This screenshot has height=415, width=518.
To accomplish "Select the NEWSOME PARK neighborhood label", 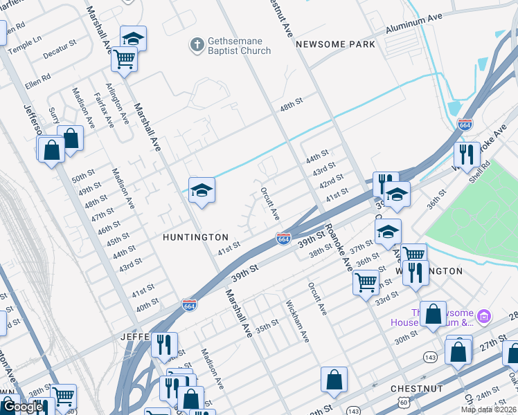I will pyautogui.click(x=335, y=44).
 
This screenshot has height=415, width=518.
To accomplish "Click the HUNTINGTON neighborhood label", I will pyautogui.click(x=195, y=237).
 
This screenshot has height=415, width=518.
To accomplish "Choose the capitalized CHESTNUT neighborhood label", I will pyautogui.click(x=416, y=389).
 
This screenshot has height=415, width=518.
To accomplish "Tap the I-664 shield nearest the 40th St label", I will pyautogui.click(x=190, y=304).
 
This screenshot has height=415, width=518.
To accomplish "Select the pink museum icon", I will pyautogui.click(x=484, y=317).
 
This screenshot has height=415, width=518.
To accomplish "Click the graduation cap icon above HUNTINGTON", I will pyautogui.click(x=202, y=190).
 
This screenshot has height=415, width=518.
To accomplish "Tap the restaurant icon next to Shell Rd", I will pyautogui.click(x=467, y=154).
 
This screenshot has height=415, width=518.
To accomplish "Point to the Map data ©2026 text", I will pyautogui.click(x=488, y=409).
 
